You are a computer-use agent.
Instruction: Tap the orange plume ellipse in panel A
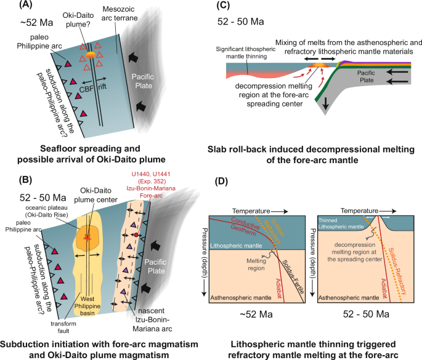point(90,55)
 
